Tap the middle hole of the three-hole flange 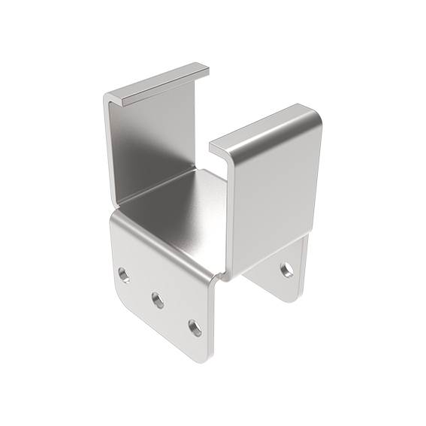158,301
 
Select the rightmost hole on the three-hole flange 194,328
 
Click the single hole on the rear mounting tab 286,267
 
